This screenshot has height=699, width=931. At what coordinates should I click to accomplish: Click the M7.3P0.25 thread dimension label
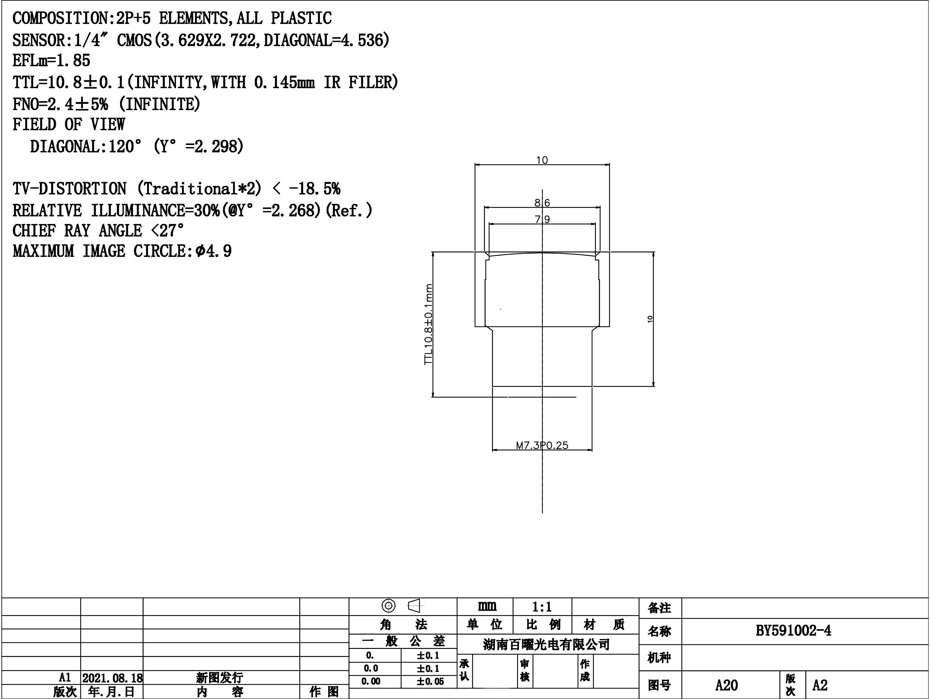542,445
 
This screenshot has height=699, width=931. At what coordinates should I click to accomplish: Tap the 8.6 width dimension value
542,203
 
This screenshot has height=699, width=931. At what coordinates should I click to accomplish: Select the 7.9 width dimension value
542,219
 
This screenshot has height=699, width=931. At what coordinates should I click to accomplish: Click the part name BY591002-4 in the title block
793,631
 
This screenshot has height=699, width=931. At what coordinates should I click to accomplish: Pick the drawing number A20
727,685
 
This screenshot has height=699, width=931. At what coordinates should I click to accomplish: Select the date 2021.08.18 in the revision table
112,678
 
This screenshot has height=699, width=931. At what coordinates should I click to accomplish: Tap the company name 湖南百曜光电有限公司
546,644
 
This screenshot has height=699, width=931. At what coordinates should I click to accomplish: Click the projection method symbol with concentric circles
389,606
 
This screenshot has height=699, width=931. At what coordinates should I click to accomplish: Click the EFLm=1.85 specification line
51,61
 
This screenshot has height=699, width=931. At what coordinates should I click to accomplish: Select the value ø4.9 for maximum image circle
213,251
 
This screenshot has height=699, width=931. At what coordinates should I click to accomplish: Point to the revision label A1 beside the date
65,678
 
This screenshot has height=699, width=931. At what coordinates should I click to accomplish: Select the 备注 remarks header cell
659,608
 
